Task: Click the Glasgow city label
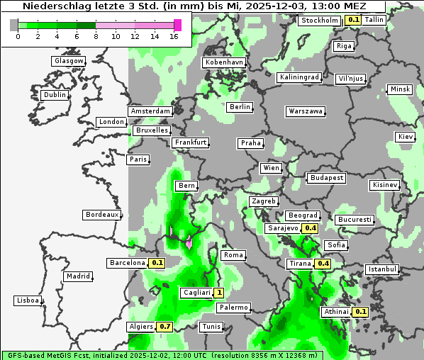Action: [68, 61]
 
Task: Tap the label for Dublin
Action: [54, 95]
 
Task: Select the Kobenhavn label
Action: [224, 62]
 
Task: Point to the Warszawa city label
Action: [306, 111]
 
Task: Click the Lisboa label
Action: [28, 300]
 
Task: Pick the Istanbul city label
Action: [382, 269]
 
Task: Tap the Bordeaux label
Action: [101, 214]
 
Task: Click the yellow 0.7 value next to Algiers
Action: [164, 327]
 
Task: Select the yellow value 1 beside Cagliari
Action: [220, 292]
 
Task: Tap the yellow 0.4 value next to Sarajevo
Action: [310, 228]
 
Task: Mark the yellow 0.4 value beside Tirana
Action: [323, 264]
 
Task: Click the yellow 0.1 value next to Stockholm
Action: [353, 20]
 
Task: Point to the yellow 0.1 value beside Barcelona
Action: [157, 263]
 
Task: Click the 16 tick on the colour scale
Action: [174, 36]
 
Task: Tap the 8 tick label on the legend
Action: [96, 36]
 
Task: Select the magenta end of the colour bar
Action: [177, 26]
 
